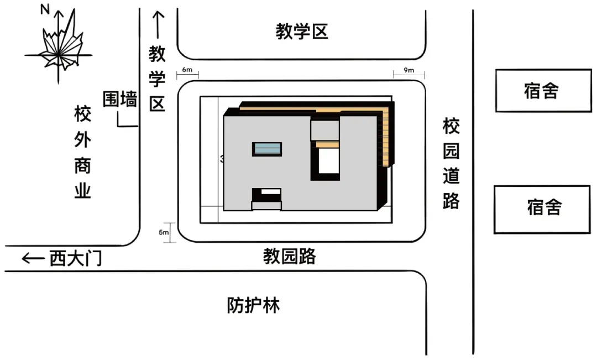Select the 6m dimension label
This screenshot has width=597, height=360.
187,70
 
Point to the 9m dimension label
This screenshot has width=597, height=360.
409,70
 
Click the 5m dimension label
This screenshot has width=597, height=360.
164,232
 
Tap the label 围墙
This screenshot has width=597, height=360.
120,100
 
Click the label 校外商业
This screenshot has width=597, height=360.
82,153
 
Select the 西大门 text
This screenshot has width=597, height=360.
76,258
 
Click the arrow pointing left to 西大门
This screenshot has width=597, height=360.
33,258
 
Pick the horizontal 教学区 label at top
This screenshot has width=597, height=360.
302,32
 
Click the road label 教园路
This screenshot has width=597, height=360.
289,257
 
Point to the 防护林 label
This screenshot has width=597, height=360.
254,305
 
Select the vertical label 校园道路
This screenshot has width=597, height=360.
451,164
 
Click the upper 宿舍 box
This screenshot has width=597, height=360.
543,91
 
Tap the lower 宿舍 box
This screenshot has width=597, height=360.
543,208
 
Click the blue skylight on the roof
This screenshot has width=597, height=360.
267,149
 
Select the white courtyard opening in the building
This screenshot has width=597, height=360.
328,160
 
